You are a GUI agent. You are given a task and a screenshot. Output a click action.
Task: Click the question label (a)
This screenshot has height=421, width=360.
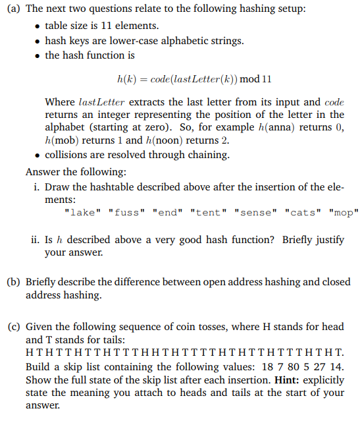(12, 10)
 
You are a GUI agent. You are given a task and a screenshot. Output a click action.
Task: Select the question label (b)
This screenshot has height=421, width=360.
(12, 282)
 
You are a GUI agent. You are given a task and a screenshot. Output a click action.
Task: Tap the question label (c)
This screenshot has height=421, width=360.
(12, 325)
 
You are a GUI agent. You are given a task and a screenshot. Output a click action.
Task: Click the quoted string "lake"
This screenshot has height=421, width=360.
(84, 212)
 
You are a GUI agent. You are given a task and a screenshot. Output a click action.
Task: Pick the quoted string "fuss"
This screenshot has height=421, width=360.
(126, 212)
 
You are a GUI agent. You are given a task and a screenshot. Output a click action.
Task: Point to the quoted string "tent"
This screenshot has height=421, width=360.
(206, 212)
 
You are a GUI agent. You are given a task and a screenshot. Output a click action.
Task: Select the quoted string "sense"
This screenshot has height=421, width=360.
(253, 212)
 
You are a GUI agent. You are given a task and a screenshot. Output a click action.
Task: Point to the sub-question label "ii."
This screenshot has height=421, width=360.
(38, 240)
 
